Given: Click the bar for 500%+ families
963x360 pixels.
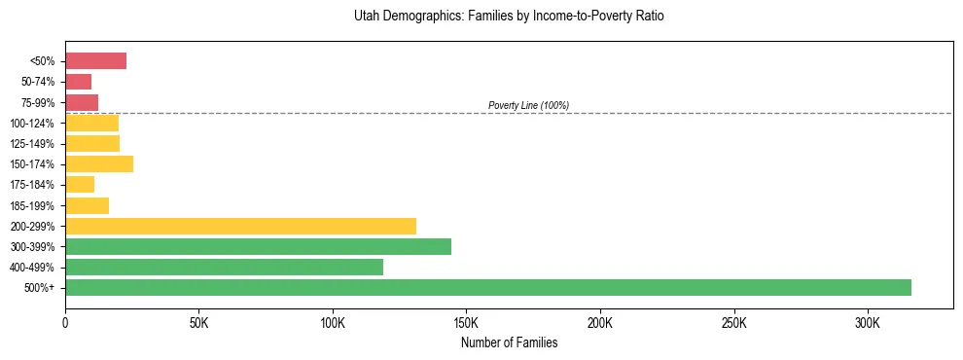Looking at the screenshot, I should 487,287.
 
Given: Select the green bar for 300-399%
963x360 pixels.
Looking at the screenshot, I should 258,246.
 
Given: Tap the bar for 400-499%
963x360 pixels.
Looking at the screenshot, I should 224,267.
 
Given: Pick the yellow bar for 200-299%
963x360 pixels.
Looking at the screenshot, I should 240,226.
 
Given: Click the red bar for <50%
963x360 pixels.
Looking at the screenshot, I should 95,61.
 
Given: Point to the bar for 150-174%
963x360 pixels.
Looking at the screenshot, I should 98,163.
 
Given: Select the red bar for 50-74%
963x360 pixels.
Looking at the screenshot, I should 78,82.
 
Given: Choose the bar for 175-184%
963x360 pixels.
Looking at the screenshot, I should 80,184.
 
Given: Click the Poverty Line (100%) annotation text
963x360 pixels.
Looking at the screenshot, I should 528,105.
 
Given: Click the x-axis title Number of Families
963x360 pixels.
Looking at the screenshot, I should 509,342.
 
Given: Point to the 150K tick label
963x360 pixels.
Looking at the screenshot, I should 466,323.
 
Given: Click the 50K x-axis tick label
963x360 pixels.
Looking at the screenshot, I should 198,323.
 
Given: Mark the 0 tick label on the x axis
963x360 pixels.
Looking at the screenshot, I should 65,323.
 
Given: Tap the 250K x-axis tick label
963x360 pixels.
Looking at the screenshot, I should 733,323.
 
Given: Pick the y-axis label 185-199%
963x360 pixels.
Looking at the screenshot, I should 35,205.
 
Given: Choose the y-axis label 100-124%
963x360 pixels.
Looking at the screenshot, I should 35,124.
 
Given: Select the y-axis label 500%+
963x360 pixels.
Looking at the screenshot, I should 41,288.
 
